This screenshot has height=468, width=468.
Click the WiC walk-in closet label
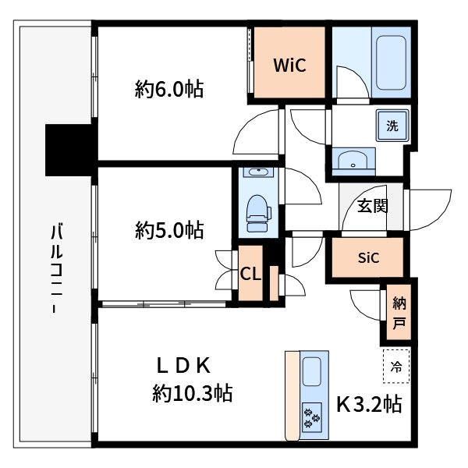(289, 65)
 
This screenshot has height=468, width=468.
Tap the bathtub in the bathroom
(391, 62)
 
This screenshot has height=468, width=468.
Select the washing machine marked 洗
(392, 126)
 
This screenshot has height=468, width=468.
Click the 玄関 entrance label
(372, 206)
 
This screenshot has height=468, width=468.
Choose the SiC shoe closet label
(368, 257)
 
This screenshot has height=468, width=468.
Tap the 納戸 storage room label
(399, 313)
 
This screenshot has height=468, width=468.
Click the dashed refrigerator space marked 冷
(396, 366)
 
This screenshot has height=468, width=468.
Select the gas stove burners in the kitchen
(312, 417)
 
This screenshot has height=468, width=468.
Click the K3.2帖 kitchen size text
(369, 404)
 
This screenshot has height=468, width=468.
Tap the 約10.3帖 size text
(193, 393)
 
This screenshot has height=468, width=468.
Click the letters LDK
(183, 366)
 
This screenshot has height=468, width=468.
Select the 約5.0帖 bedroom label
(169, 230)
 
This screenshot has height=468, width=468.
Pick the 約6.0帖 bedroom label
(169, 89)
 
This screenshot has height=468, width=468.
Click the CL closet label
(250, 274)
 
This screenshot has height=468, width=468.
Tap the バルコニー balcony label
(56, 268)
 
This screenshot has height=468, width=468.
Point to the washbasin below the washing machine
(353, 161)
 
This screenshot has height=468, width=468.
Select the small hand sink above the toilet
(258, 172)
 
